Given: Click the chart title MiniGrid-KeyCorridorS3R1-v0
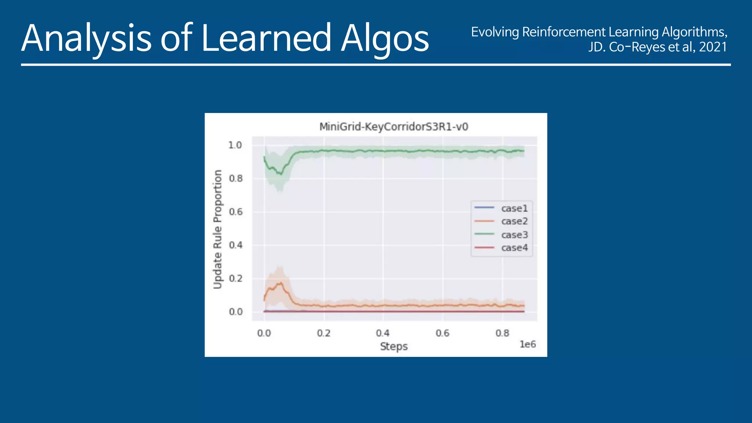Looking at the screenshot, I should pos(394,127).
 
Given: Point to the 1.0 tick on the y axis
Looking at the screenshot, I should pos(235,145).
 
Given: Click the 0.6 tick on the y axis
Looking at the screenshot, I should pos(235,212).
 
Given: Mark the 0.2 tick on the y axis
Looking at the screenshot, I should pos(235,278).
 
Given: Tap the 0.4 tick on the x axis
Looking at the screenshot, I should pos(383,333).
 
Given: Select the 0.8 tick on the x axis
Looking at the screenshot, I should pos(502,333).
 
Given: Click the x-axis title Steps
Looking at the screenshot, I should pos(394,346).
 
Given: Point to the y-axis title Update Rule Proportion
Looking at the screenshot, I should pos(218,229).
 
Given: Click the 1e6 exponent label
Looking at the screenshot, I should pos(527,344).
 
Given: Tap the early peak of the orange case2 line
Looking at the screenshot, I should pos(281,283).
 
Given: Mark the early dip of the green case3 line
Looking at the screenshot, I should pos(281,174).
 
